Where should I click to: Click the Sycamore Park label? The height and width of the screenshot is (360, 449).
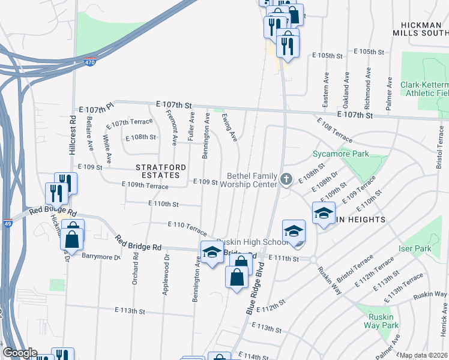click(x=340, y=154)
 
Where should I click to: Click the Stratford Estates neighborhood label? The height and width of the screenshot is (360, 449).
click(x=157, y=170)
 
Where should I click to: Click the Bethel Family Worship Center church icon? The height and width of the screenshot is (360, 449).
click(x=287, y=179)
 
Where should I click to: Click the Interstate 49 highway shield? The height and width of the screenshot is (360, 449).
click(x=7, y=223)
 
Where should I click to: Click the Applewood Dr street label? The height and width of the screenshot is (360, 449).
click(x=166, y=275)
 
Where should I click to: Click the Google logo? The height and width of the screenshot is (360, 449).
click(x=20, y=353)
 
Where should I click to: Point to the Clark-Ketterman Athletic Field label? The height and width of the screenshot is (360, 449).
click(x=424, y=89)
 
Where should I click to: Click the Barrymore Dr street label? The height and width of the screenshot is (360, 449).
click(x=101, y=256)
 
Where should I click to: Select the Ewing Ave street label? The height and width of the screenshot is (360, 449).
click(x=230, y=127)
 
